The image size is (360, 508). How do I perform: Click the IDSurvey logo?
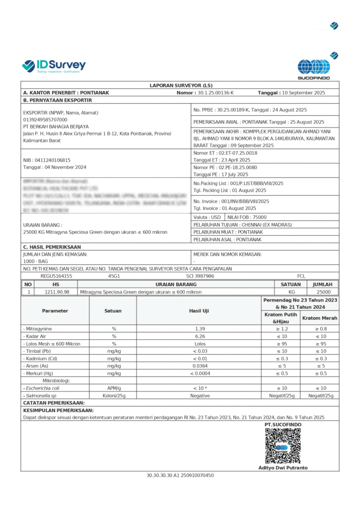[54, 65]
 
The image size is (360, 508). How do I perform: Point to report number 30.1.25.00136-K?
[216, 93]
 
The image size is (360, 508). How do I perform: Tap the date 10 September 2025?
[303, 93]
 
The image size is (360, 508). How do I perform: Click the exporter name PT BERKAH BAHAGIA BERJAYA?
[56, 127]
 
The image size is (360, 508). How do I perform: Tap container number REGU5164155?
[56, 276]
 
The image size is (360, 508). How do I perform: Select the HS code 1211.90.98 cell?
[57, 292]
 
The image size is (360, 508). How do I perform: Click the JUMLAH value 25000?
[323, 292]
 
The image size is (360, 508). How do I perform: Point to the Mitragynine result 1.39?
[200, 329]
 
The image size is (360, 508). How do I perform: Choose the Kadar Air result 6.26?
[200, 336]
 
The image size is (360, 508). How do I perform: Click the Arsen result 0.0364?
[200, 366]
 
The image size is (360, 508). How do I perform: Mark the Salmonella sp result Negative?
[200, 395]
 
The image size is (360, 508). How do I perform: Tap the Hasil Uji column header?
[199, 311]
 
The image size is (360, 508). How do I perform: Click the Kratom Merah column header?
[320, 318]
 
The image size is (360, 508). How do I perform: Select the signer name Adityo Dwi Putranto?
[283, 468]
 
